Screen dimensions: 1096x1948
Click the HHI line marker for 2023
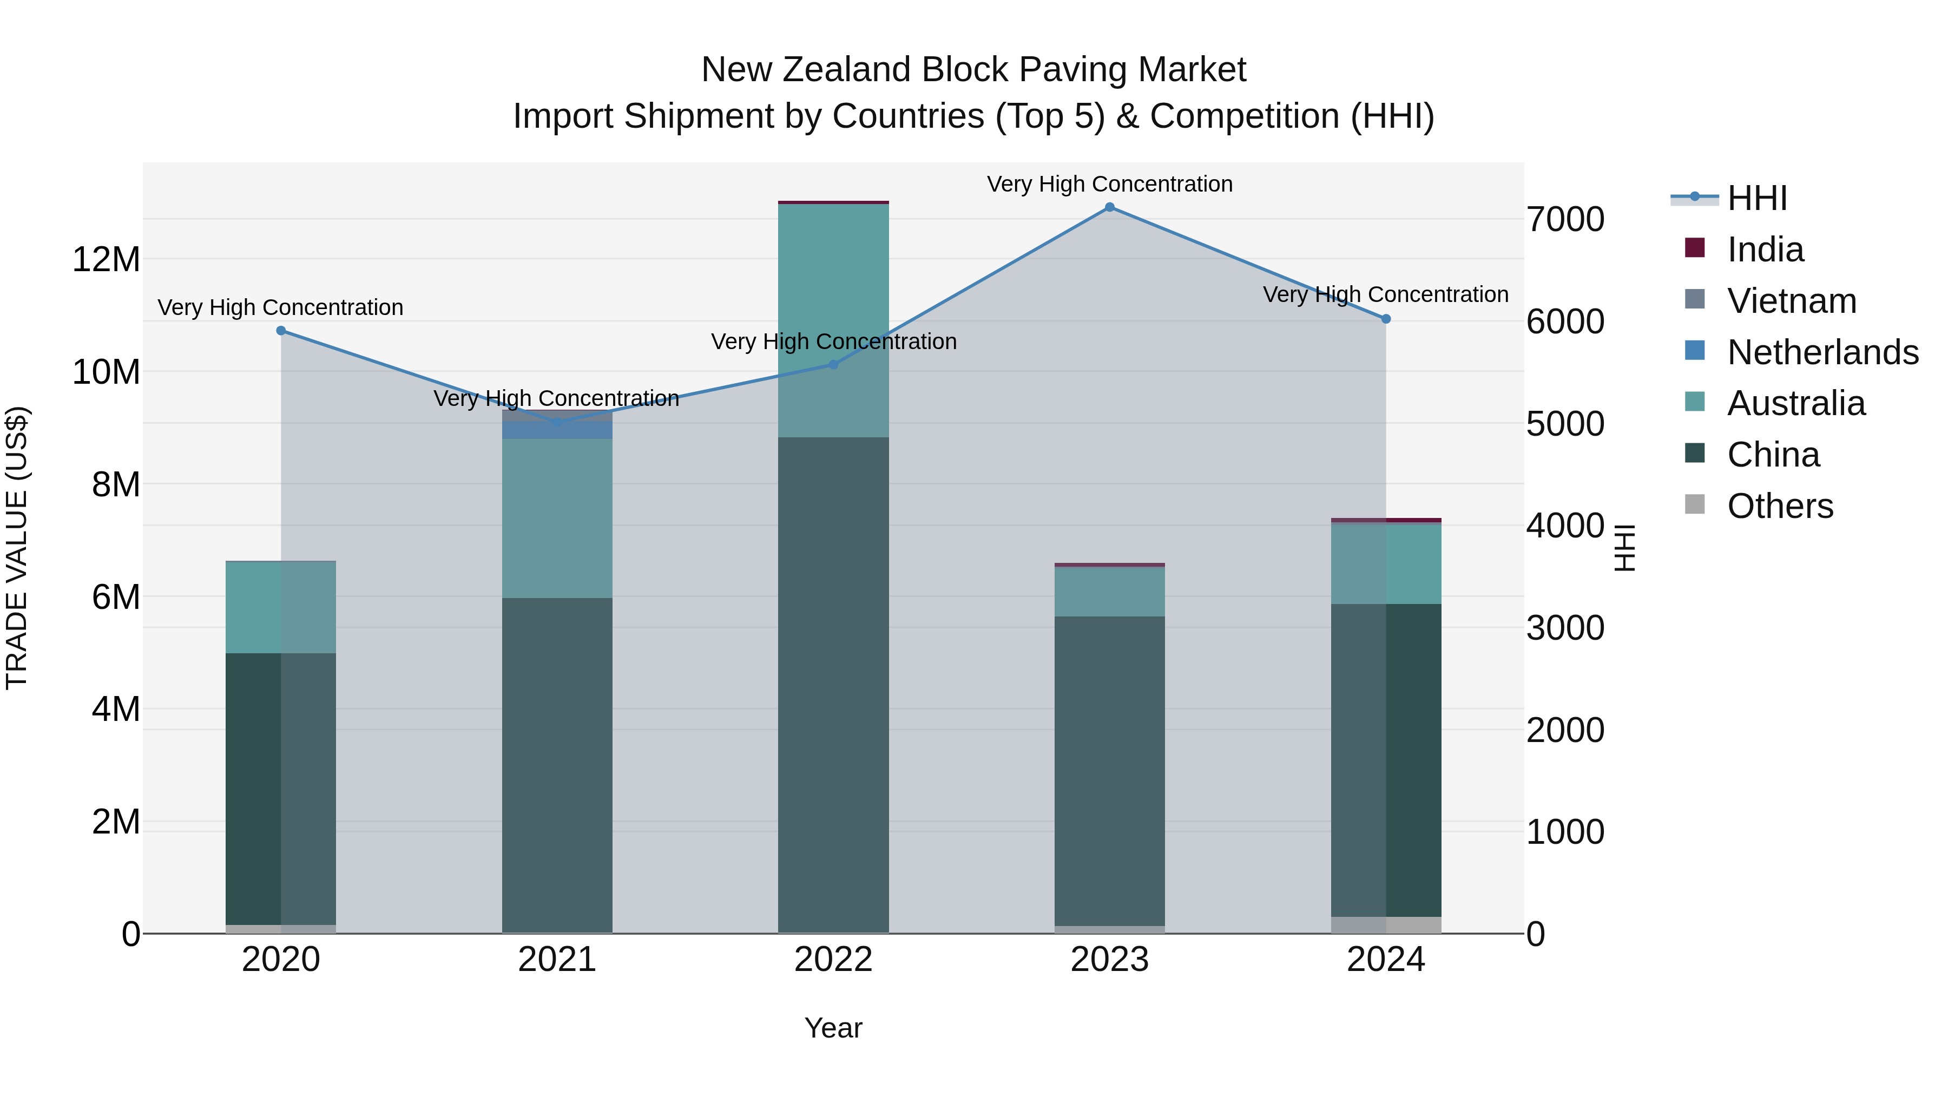tap(1109, 207)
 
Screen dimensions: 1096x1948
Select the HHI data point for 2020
tap(281, 331)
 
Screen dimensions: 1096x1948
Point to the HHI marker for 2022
tap(833, 365)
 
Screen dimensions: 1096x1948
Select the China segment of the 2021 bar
tap(557, 764)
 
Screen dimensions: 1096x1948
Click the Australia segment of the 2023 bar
tap(1109, 592)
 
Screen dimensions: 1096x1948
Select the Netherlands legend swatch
tap(1695, 351)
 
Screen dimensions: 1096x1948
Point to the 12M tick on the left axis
tap(106, 259)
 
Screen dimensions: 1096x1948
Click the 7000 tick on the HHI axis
tap(1564, 219)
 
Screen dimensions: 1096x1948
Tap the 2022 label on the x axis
tap(833, 960)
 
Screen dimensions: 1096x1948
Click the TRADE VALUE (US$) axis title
tap(17, 548)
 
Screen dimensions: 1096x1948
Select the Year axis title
tap(833, 1028)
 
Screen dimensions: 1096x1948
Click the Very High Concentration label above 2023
tap(1109, 184)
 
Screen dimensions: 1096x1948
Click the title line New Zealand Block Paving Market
tap(973, 70)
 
